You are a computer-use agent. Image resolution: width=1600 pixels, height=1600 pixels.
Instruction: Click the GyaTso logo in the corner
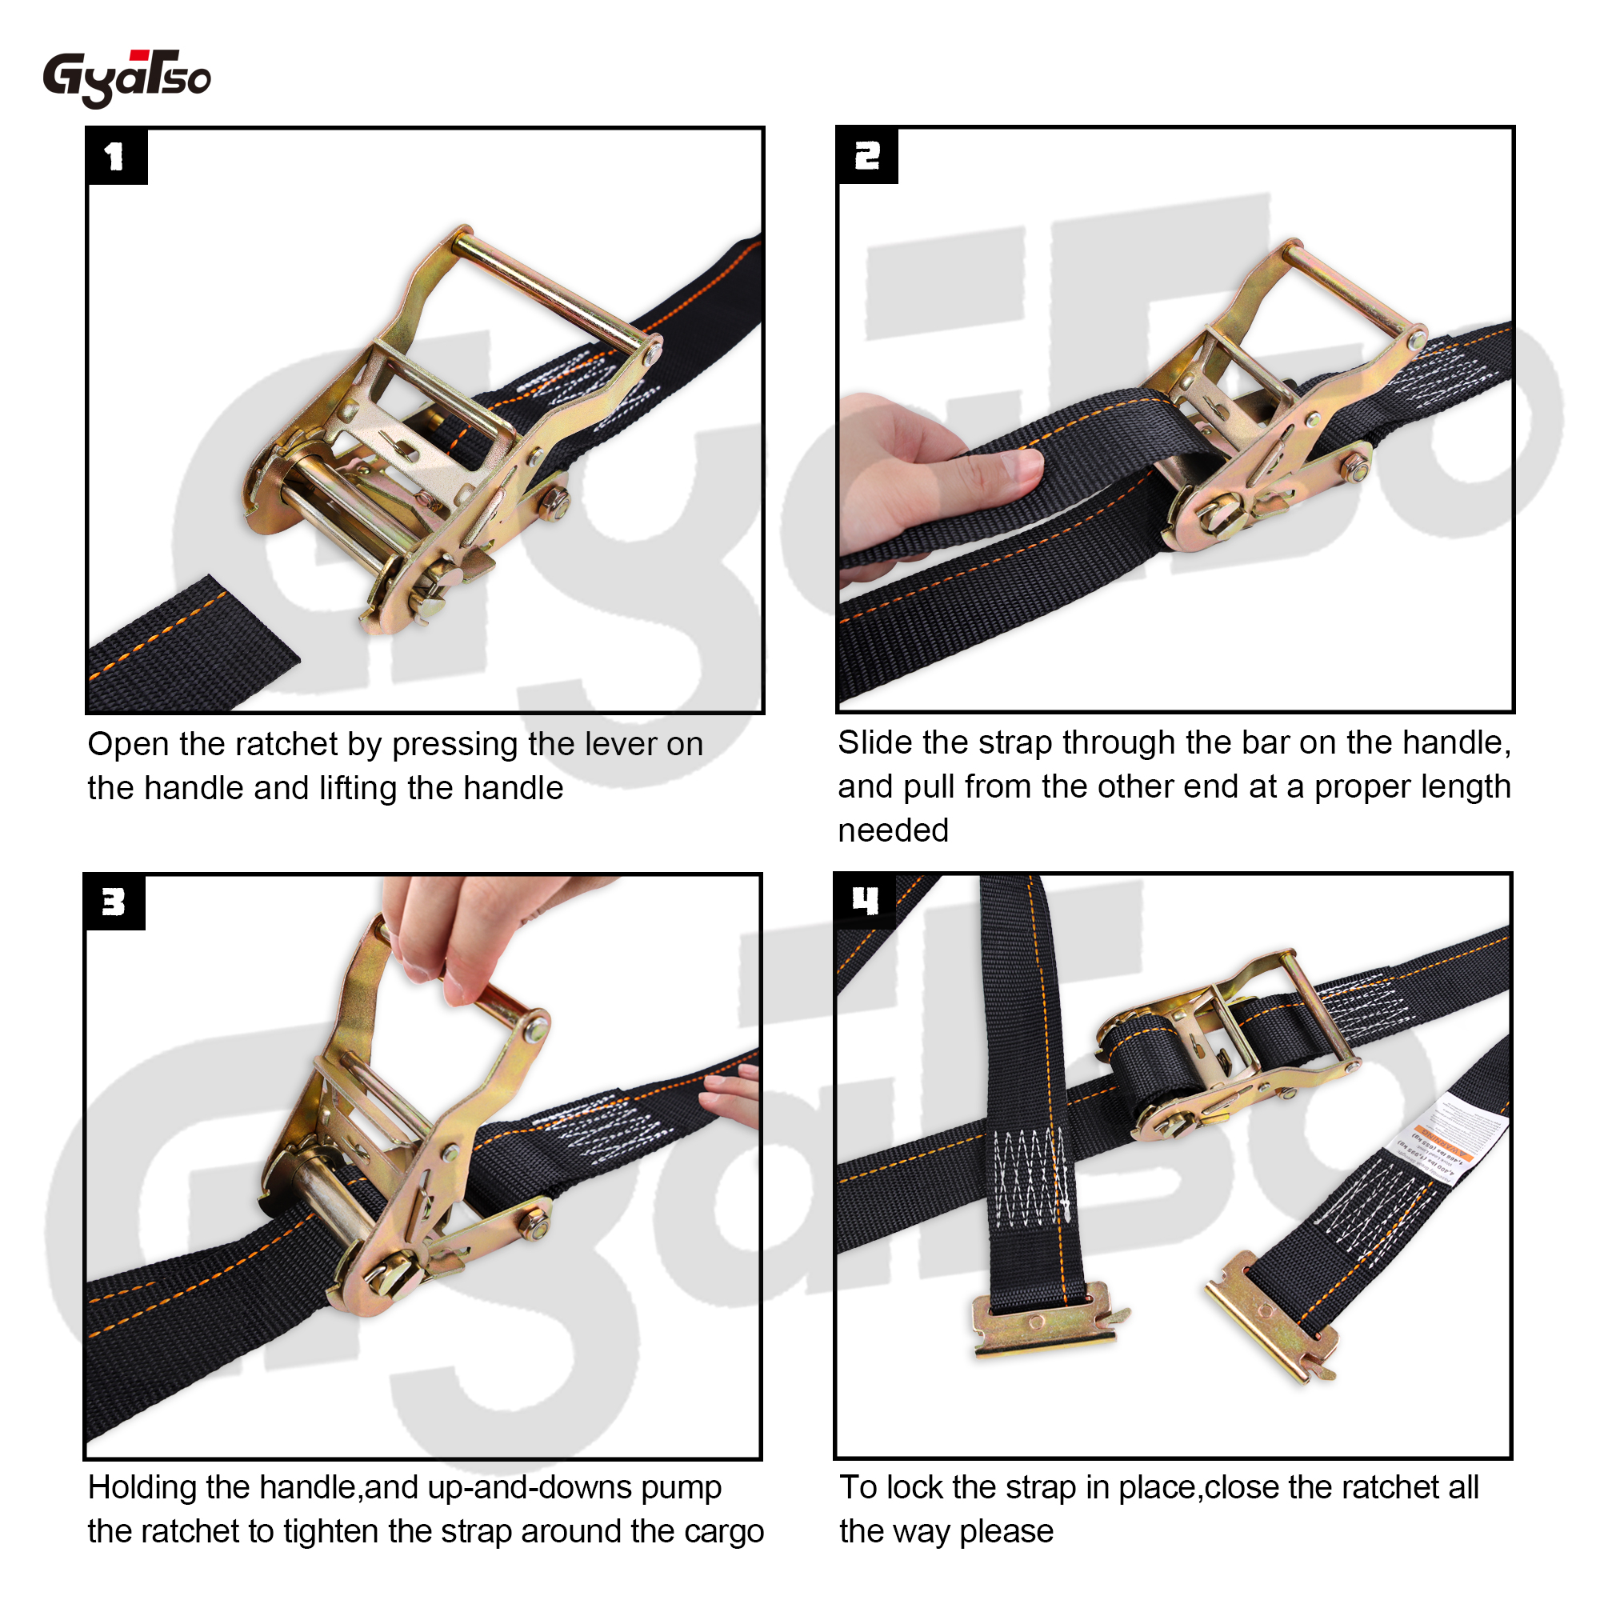pyautogui.click(x=126, y=78)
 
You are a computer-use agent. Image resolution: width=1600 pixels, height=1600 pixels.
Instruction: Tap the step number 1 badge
pyautogui.click(x=116, y=156)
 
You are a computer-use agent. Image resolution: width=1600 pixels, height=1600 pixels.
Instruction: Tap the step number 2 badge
pyautogui.click(x=866, y=155)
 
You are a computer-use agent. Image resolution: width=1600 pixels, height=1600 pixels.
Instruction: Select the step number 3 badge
pyautogui.click(x=114, y=902)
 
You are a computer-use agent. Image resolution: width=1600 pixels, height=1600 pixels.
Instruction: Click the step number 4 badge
pyautogui.click(x=865, y=900)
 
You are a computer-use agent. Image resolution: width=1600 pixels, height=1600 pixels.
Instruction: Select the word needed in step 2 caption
pyautogui.click(x=893, y=830)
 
